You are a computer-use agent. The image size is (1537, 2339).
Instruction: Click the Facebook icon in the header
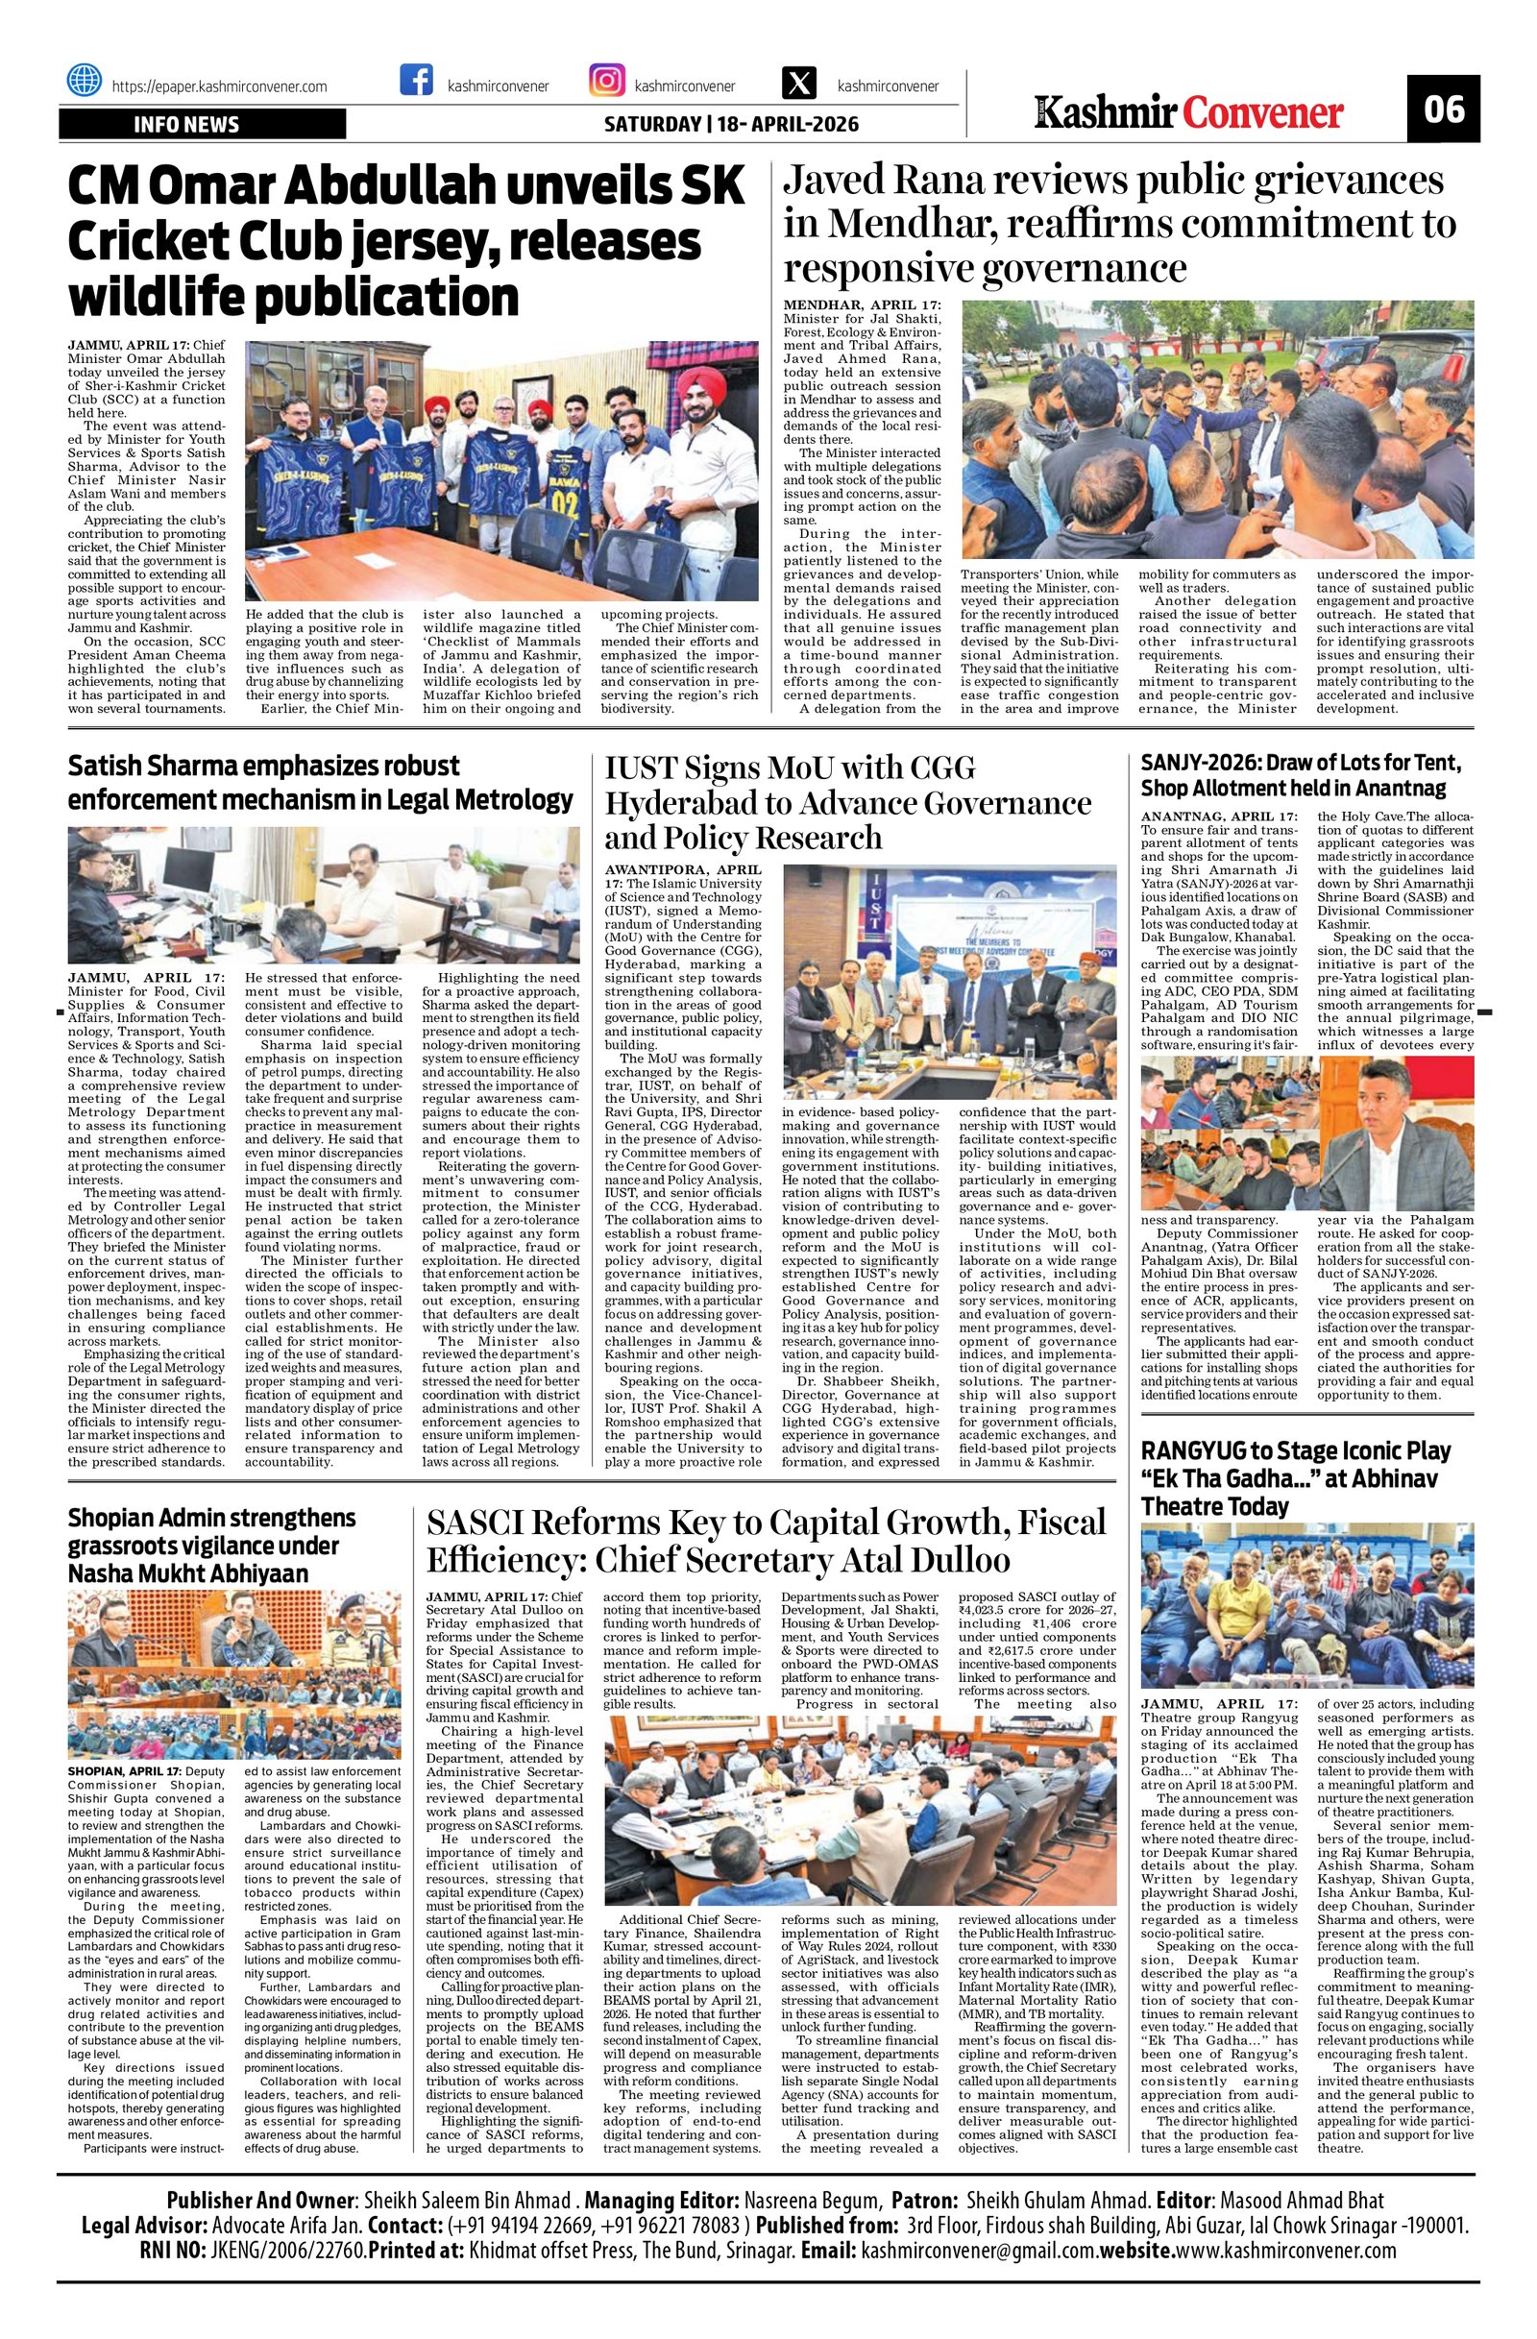coord(417,81)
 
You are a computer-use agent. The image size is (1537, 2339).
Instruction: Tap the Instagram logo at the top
coord(605,81)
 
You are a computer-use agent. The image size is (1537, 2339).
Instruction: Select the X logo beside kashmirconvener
coord(797,81)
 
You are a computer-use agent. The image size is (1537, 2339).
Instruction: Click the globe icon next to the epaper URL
coord(84,81)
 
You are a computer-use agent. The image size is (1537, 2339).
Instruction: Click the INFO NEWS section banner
coord(202,124)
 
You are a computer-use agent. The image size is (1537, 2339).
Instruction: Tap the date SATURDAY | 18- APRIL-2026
coord(730,124)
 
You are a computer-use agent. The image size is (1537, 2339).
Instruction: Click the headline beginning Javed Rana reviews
coord(1120,224)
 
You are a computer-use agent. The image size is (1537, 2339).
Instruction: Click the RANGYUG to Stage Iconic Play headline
coord(1295,1478)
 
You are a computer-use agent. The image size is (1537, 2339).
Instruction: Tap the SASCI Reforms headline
coord(767,1541)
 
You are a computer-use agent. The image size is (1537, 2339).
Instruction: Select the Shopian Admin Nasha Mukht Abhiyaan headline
coord(211,1546)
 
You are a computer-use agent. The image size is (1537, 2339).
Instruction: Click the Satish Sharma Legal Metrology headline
coord(321,782)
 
